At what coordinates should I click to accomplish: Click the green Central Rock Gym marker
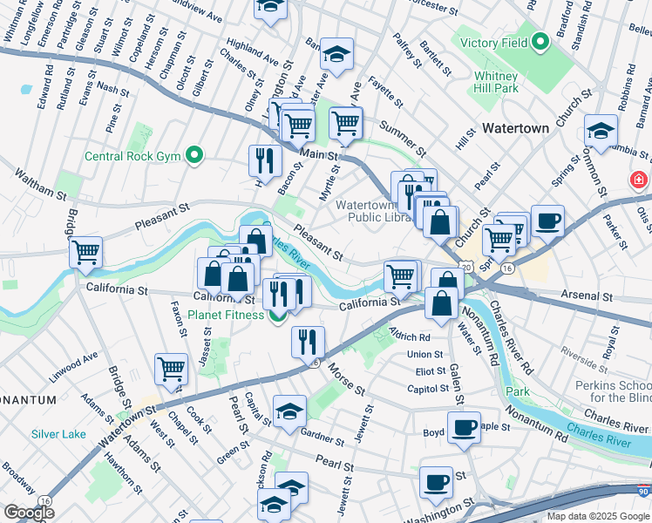(x=195, y=157)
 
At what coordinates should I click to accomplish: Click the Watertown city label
(x=516, y=128)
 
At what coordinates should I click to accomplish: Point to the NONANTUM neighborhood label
(x=28, y=399)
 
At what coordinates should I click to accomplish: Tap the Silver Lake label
(x=58, y=434)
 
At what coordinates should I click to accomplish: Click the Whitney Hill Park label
(x=496, y=82)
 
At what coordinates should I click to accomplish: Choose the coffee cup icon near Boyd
(x=464, y=427)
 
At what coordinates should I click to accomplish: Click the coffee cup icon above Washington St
(x=436, y=481)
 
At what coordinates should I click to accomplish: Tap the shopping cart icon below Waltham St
(x=85, y=252)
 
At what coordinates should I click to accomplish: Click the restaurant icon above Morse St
(x=308, y=341)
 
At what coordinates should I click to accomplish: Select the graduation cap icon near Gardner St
(x=289, y=411)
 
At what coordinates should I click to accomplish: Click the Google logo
(x=29, y=513)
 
